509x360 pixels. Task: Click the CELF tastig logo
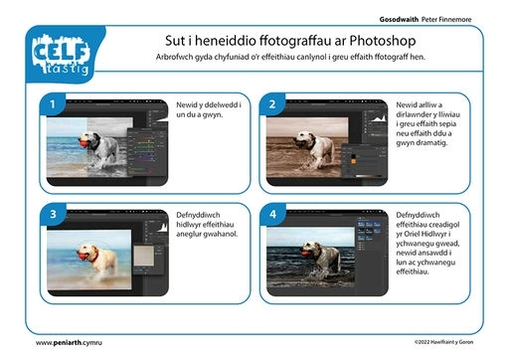coord(62,54)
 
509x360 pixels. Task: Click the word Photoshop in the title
coord(383,41)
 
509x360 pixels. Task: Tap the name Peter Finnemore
coord(446,20)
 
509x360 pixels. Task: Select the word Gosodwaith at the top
coord(399,20)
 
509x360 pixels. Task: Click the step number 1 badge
coord(53,104)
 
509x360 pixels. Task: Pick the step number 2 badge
coord(272,104)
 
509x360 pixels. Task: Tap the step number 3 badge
coord(53,214)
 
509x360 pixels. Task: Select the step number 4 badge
coord(272,214)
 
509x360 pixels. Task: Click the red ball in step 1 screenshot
coord(84,144)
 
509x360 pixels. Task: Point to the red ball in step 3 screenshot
coord(83,256)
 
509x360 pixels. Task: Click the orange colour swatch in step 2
coord(354,161)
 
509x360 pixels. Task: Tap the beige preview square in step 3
coord(143,256)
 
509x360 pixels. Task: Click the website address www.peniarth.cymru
coord(69,343)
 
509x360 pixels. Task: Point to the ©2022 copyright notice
coord(443,342)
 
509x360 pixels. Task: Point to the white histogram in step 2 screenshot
coord(379,118)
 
